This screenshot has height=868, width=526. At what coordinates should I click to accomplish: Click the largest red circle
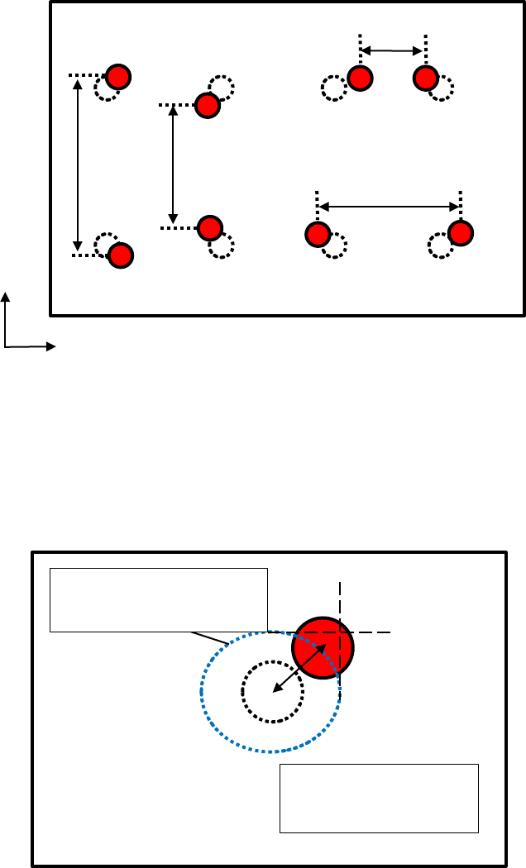pos(323,647)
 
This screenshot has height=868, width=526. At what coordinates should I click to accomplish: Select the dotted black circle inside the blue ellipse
pos(270,691)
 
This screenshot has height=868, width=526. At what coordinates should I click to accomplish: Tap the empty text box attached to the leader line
pos(159,599)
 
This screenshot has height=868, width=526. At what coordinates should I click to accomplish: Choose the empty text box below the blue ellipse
pos(380,798)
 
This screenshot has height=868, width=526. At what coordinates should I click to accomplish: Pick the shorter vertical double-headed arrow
pos(172,165)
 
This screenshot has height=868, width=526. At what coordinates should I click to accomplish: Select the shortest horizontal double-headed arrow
pos(393,51)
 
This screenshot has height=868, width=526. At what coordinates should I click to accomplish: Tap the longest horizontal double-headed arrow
pos(389,206)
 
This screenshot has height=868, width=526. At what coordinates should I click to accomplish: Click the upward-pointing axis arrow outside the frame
pos(7,318)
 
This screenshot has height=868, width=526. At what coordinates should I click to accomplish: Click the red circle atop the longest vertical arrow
pos(118,76)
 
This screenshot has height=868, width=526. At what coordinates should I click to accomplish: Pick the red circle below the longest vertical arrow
pos(120,255)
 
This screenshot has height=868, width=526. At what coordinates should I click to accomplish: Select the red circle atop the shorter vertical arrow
pos(207,105)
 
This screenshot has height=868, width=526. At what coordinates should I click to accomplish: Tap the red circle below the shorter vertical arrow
pos(210,227)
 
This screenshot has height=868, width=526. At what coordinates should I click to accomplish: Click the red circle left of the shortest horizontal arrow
pos(360,79)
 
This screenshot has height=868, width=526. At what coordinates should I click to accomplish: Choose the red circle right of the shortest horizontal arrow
pos(425,79)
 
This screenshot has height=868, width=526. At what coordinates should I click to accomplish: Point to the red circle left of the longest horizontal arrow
pos(317,235)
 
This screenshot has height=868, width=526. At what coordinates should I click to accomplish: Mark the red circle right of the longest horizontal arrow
pos(460,232)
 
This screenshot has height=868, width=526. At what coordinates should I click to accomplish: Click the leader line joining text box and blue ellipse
pos(210,638)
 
